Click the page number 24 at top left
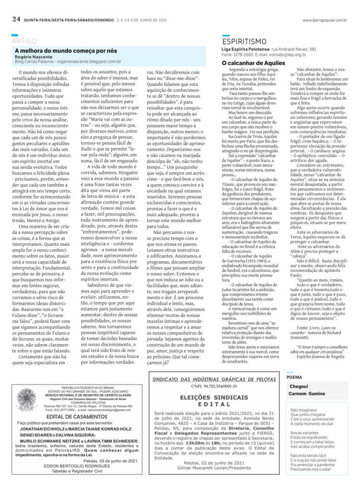point(16,20)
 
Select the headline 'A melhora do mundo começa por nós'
point(66,50)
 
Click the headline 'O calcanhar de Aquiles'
point(253,63)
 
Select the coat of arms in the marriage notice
point(26,398)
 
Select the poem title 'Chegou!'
point(299,400)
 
